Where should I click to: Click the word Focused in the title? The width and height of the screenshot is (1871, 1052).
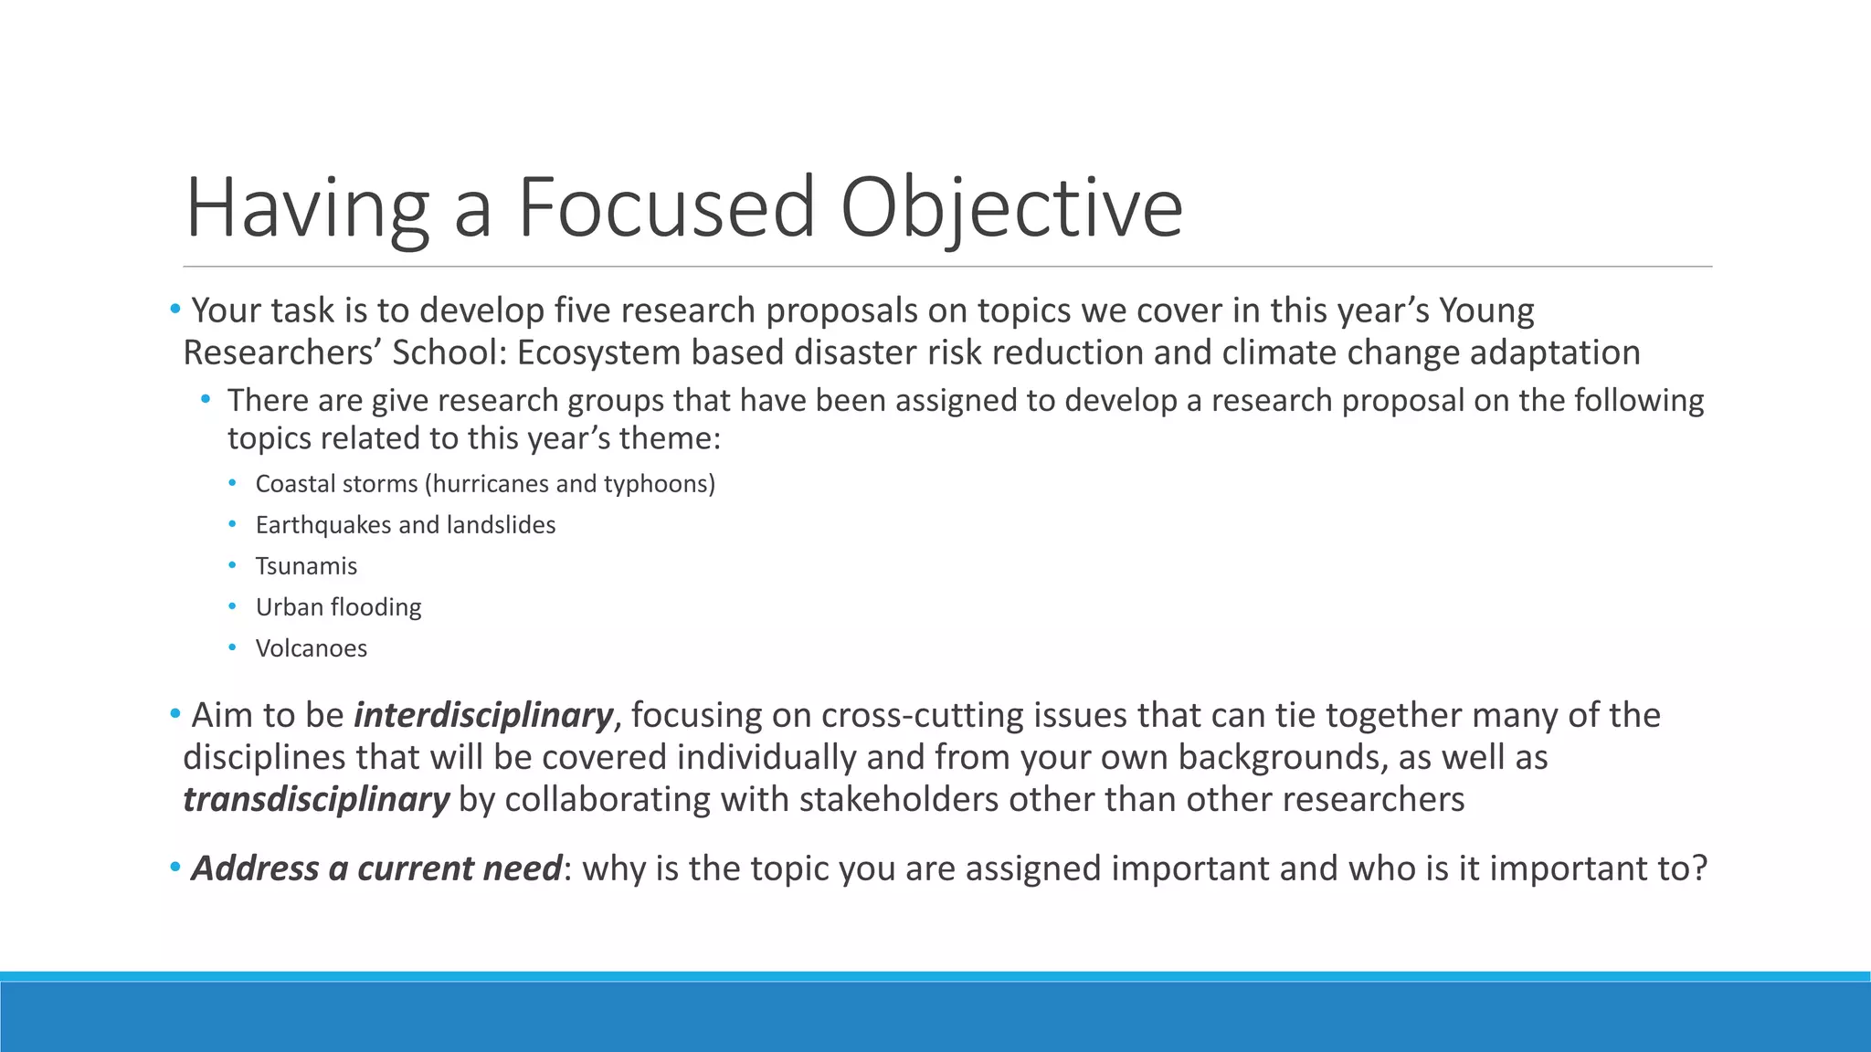pyautogui.click(x=666, y=208)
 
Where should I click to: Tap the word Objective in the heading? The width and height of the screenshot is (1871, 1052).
pyautogui.click(x=1011, y=208)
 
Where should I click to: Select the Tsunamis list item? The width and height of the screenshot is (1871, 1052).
pyautogui.click(x=306, y=566)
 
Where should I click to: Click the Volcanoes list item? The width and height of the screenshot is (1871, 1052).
pyautogui.click(x=311, y=648)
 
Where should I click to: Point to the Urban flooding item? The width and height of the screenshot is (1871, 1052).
pyautogui.click(x=338, y=607)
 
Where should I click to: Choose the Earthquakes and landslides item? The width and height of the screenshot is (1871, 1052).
pyautogui.click(x=405, y=525)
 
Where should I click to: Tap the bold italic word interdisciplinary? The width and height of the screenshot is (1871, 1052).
pyautogui.click(x=483, y=715)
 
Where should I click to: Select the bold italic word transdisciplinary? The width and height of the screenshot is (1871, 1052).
pyautogui.click(x=316, y=799)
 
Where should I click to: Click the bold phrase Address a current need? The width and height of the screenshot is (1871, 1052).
pyautogui.click(x=375, y=868)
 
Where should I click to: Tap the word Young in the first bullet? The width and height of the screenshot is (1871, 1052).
pyautogui.click(x=1486, y=310)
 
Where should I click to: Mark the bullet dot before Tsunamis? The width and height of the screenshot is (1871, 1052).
pyautogui.click(x=233, y=565)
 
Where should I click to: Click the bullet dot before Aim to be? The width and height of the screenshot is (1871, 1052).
pyautogui.click(x=174, y=714)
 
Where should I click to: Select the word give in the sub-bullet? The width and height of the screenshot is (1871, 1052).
pyautogui.click(x=399, y=401)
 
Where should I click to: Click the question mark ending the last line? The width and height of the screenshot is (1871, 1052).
pyautogui.click(x=1699, y=868)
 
